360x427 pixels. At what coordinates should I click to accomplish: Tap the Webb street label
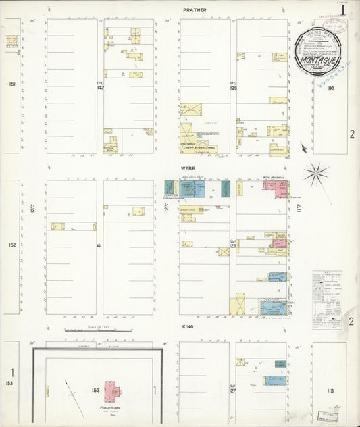pos(188,167)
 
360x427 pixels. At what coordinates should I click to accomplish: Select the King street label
pos(188,326)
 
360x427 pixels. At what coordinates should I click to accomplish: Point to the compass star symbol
pos(315,174)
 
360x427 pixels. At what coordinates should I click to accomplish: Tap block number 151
pos(11,84)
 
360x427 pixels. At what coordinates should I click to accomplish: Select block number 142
pos(100,87)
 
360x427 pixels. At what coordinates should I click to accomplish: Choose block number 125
pos(234,87)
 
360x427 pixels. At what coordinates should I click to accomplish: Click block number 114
pos(330,87)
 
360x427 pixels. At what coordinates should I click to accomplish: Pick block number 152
pos(11,245)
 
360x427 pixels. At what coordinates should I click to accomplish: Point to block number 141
pos(99,245)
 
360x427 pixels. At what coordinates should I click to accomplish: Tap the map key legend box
pos(326,300)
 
